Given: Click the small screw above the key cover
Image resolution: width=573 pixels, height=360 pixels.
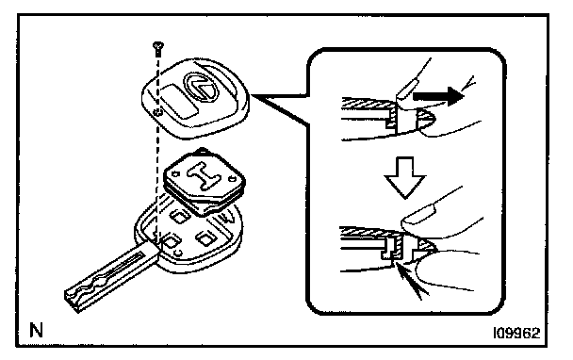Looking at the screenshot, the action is click(158, 49).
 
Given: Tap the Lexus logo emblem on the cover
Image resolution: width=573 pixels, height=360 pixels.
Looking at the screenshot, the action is click(201, 87).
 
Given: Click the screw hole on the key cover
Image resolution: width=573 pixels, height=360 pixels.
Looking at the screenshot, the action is click(157, 112).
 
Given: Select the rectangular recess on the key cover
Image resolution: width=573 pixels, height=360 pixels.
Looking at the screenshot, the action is click(179, 101).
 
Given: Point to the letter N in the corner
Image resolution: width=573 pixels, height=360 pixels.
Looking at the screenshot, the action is click(36, 330).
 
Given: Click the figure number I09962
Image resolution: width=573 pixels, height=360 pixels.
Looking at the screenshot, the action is click(516, 333).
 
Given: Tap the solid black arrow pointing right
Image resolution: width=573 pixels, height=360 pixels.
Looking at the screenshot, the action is click(438, 96).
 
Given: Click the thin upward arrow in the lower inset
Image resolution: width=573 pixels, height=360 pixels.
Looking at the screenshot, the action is click(409, 282).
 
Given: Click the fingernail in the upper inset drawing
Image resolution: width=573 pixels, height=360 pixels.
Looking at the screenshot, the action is click(406, 91).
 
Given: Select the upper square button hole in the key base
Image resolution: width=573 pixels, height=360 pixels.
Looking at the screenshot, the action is click(179, 217).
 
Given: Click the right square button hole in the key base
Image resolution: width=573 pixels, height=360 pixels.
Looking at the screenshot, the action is click(205, 238).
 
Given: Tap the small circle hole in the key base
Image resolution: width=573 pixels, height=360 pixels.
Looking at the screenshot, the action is click(178, 253).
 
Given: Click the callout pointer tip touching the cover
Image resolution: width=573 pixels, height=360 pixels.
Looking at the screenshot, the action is click(252, 95).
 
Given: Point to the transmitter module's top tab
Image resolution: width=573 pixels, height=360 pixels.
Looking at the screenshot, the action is click(201, 151).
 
